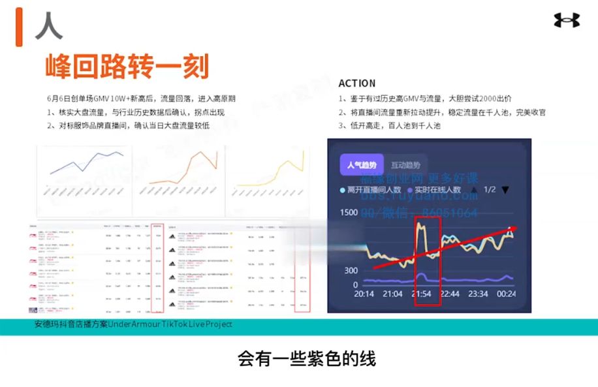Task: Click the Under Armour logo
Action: (x=567, y=20)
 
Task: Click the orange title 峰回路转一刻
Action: (x=127, y=67)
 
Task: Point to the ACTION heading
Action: (x=357, y=84)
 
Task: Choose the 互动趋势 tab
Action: (x=405, y=165)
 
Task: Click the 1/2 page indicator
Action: (x=490, y=190)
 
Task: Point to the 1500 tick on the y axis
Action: (x=349, y=213)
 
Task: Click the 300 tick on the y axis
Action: (x=351, y=271)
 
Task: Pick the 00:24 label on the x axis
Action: (x=507, y=294)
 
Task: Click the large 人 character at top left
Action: (x=49, y=25)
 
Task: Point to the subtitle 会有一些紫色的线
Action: (x=307, y=358)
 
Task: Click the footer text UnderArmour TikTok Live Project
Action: (x=170, y=324)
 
